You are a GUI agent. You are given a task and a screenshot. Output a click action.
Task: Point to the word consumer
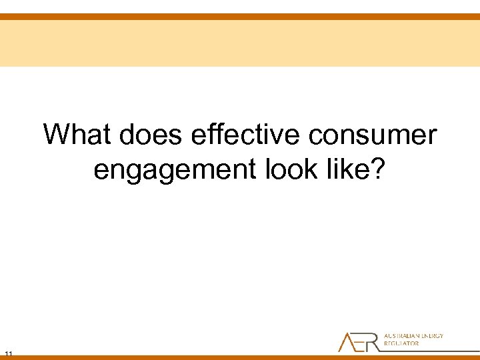[x=373, y=135]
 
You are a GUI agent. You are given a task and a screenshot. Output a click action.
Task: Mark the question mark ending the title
[x=378, y=169]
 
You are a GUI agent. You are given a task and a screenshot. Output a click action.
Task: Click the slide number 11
[x=9, y=353]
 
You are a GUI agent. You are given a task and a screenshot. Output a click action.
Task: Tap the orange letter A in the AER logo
[x=347, y=342]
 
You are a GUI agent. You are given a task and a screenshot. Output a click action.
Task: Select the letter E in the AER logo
[x=362, y=342]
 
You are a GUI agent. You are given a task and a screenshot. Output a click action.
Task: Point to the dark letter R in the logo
[x=375, y=342]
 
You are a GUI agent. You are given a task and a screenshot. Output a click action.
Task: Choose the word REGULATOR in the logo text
[x=402, y=344]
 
